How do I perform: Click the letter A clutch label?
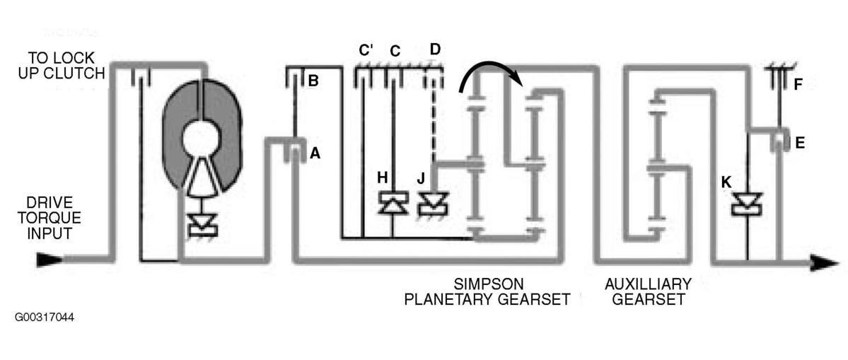point(315,154)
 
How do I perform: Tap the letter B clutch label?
point(313,81)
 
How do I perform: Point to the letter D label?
point(436,50)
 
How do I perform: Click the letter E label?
point(801,143)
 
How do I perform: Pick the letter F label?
point(798,85)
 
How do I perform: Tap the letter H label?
point(383,177)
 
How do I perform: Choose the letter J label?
point(421,178)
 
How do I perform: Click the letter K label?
point(726,182)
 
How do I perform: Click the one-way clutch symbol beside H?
point(393,203)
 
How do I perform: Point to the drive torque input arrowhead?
point(49,260)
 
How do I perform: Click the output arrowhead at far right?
point(825,263)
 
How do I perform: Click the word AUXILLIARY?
point(648,284)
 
